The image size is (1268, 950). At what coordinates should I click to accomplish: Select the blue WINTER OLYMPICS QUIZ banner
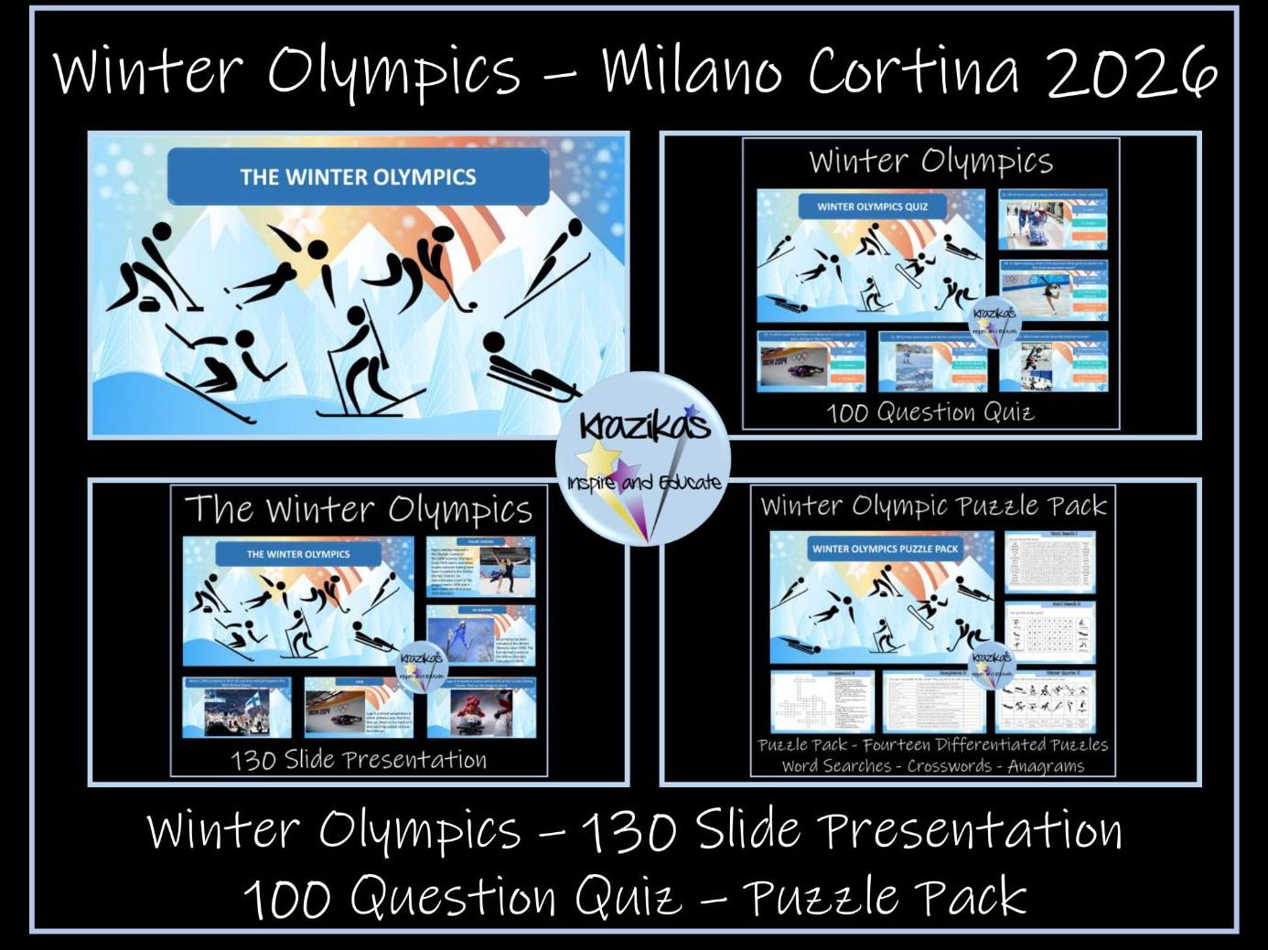point(872,207)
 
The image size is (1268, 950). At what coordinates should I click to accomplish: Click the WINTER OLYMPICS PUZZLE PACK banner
point(885,549)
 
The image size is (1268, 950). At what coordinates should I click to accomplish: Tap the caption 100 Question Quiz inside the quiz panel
point(930,412)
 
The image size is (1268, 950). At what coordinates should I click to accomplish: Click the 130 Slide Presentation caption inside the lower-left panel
point(359,760)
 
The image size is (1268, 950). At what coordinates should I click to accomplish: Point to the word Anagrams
point(1045,766)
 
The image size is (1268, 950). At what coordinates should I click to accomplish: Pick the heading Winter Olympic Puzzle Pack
point(933,506)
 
